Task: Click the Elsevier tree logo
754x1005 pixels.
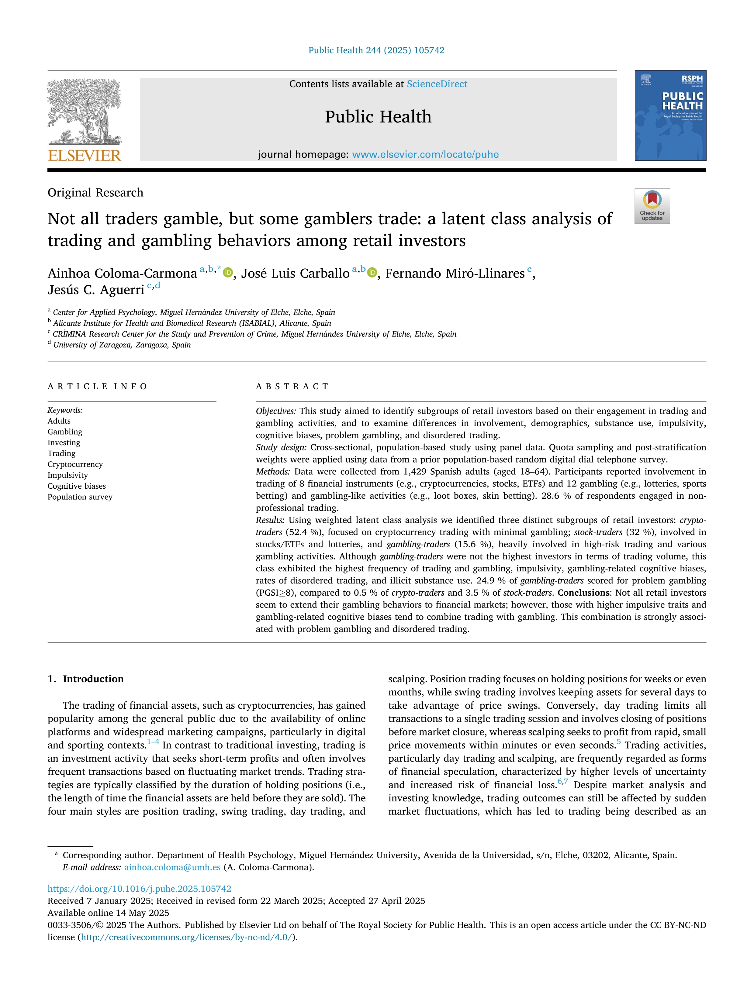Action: (x=84, y=111)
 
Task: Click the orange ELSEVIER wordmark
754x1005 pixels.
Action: (x=85, y=155)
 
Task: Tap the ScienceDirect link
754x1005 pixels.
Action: (x=437, y=84)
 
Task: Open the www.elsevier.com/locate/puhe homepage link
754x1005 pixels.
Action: (x=425, y=154)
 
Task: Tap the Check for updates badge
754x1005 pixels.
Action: (x=652, y=206)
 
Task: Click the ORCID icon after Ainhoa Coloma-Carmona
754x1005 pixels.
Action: (x=228, y=273)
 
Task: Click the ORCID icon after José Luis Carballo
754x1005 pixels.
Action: (x=372, y=273)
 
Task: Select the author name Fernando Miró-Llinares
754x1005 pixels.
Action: (x=455, y=274)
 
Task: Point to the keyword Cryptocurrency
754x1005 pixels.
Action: (x=75, y=464)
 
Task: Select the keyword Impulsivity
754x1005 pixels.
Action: (x=68, y=475)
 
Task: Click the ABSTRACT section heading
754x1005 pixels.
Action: (x=292, y=387)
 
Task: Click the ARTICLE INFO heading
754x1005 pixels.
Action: (x=97, y=387)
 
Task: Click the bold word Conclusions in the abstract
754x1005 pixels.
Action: (x=583, y=593)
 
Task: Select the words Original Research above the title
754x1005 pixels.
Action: (x=95, y=193)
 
